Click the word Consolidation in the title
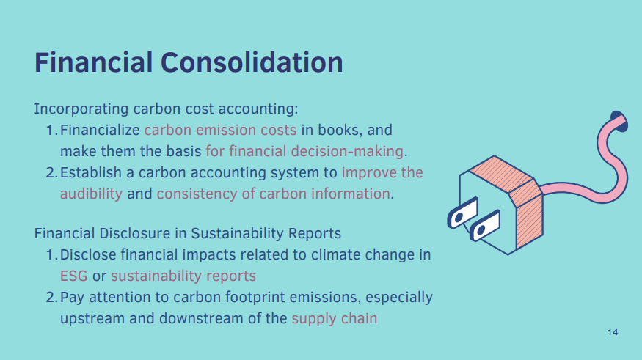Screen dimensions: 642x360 coord(252,62)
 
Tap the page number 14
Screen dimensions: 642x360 coord(613,332)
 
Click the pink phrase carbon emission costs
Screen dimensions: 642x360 coord(220,130)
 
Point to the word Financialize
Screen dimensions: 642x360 coord(100,130)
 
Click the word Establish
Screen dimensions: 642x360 coord(91,172)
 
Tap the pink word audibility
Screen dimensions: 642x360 coord(91,194)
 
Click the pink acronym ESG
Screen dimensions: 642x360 coord(73,276)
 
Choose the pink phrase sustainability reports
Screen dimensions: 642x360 coord(183,276)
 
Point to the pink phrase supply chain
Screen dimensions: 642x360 coord(334,319)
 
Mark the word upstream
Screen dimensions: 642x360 coord(92,319)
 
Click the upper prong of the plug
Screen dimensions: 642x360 coord(463,213)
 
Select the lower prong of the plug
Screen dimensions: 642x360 coord(485,225)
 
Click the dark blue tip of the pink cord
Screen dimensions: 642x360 coord(619,121)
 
